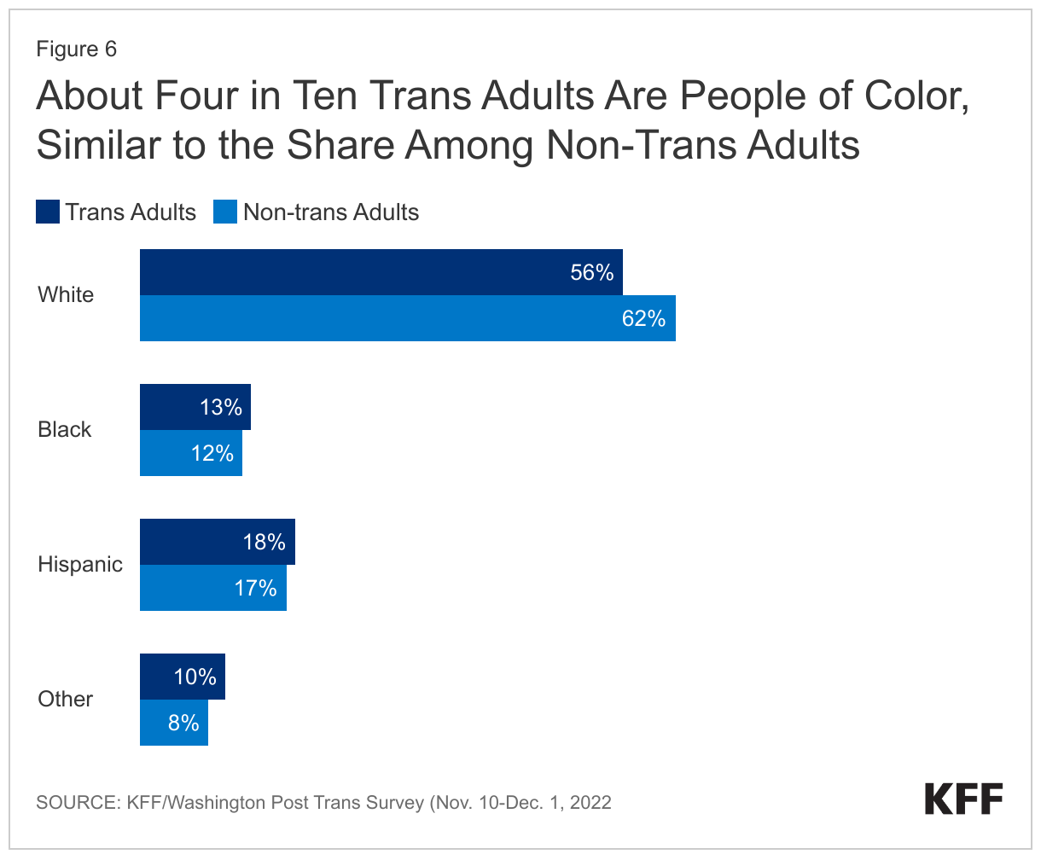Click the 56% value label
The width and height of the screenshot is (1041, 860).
[x=592, y=272]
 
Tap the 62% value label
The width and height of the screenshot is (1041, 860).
[x=643, y=318]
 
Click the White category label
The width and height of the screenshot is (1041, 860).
[x=66, y=295]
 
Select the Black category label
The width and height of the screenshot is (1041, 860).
[x=64, y=429]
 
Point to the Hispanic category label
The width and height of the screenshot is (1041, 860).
[x=80, y=564]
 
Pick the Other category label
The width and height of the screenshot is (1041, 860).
[x=65, y=699]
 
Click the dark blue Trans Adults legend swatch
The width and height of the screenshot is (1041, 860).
[x=48, y=212]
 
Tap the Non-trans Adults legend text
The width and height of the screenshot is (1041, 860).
[x=331, y=212]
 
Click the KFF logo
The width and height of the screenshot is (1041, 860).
[x=963, y=799]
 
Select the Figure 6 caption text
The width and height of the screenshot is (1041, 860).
[x=76, y=49]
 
